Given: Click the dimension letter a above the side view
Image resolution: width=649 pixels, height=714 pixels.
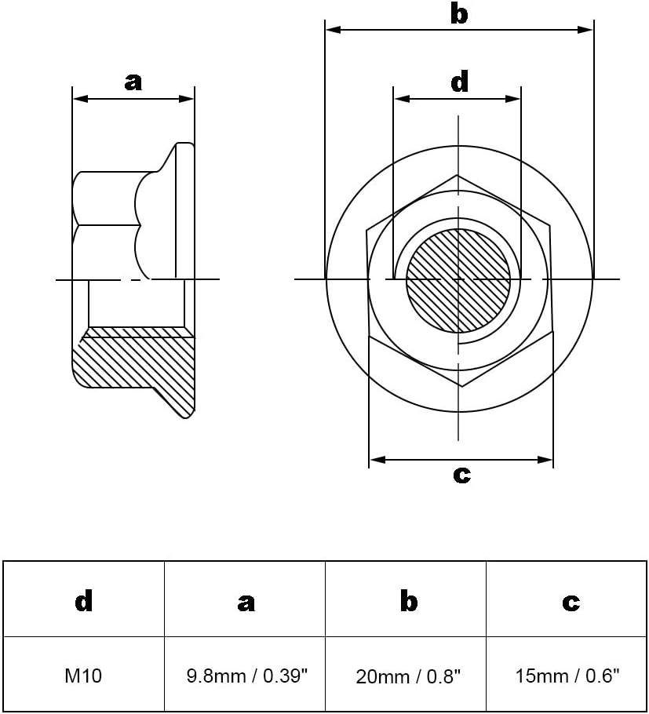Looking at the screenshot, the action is [x=133, y=82].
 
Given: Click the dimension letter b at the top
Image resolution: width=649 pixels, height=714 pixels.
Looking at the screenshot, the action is [x=459, y=13].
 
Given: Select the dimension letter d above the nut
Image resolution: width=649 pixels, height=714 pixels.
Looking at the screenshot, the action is [x=460, y=82].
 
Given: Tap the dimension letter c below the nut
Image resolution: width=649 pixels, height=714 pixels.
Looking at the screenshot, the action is [x=461, y=475].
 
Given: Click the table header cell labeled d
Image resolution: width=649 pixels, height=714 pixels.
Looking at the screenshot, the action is [x=84, y=600].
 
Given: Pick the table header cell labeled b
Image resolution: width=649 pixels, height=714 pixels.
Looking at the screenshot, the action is [x=409, y=600].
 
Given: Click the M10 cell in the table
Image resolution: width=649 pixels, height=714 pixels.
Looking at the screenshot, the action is [x=83, y=676].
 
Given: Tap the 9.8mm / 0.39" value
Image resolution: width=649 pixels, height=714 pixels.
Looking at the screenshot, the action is [x=247, y=676].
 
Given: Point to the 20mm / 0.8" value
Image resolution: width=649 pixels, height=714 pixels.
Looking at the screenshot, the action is [x=408, y=676].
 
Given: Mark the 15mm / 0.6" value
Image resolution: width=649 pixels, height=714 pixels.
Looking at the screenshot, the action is [x=567, y=676].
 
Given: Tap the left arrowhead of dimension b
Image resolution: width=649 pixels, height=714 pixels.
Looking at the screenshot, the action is [x=334, y=30].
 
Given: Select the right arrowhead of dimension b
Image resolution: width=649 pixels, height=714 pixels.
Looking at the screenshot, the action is [x=585, y=30].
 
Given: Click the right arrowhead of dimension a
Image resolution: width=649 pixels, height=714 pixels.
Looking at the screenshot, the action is [x=187, y=98].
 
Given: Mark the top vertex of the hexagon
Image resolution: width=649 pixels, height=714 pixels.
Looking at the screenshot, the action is [x=457, y=175].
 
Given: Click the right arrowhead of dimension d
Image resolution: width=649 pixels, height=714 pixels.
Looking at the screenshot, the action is [x=512, y=98].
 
